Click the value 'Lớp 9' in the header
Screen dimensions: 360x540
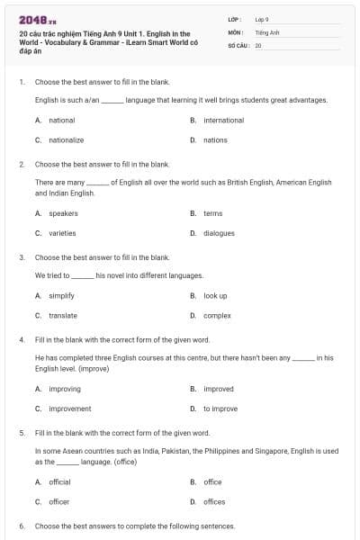pos(263,18)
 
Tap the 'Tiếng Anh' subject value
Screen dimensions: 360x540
pos(266,31)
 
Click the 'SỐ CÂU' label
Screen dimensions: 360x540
pos(239,44)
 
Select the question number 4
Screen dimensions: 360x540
pos(21,340)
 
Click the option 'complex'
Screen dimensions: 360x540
pos(217,315)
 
